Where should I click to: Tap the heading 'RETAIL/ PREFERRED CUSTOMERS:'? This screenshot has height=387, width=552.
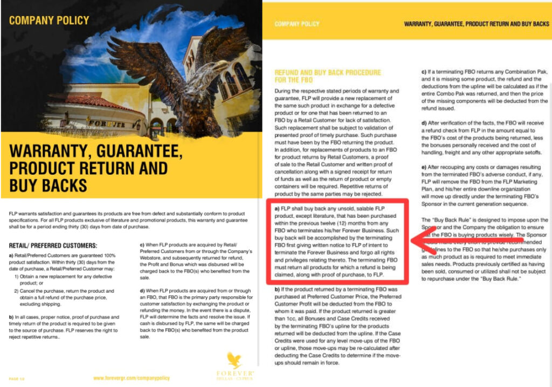tap(53, 246)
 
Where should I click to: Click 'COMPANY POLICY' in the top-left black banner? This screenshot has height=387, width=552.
tap(49, 20)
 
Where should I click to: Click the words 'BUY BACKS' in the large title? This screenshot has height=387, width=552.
tap(49, 185)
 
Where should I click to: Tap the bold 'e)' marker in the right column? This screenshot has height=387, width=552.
tap(424, 168)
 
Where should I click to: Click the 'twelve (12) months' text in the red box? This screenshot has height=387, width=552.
tap(361, 222)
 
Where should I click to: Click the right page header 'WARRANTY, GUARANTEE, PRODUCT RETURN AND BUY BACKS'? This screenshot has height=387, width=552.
tap(477, 24)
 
